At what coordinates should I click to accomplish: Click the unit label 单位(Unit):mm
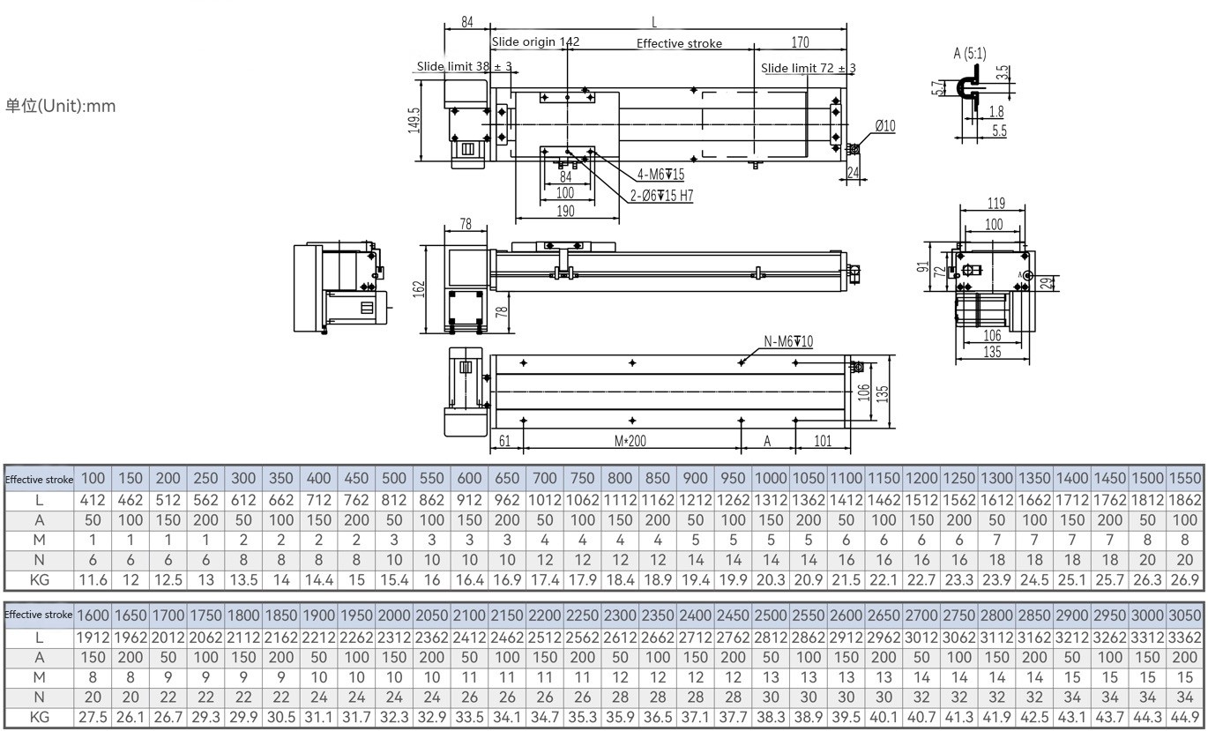tap(61, 107)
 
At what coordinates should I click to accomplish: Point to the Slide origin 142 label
tap(535, 41)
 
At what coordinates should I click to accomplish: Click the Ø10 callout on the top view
tap(885, 126)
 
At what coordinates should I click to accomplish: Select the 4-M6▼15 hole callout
tap(660, 175)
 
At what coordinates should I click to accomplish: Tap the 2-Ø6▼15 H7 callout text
tap(661, 196)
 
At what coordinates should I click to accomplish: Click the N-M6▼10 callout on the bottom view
tap(788, 341)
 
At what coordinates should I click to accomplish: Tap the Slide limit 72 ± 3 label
tap(809, 68)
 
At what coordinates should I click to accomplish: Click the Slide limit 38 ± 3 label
tap(464, 66)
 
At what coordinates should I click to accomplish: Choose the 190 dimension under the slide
tap(565, 211)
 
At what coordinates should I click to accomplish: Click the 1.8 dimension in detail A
tap(996, 112)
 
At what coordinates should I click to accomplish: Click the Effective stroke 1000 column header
tap(770, 478)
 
